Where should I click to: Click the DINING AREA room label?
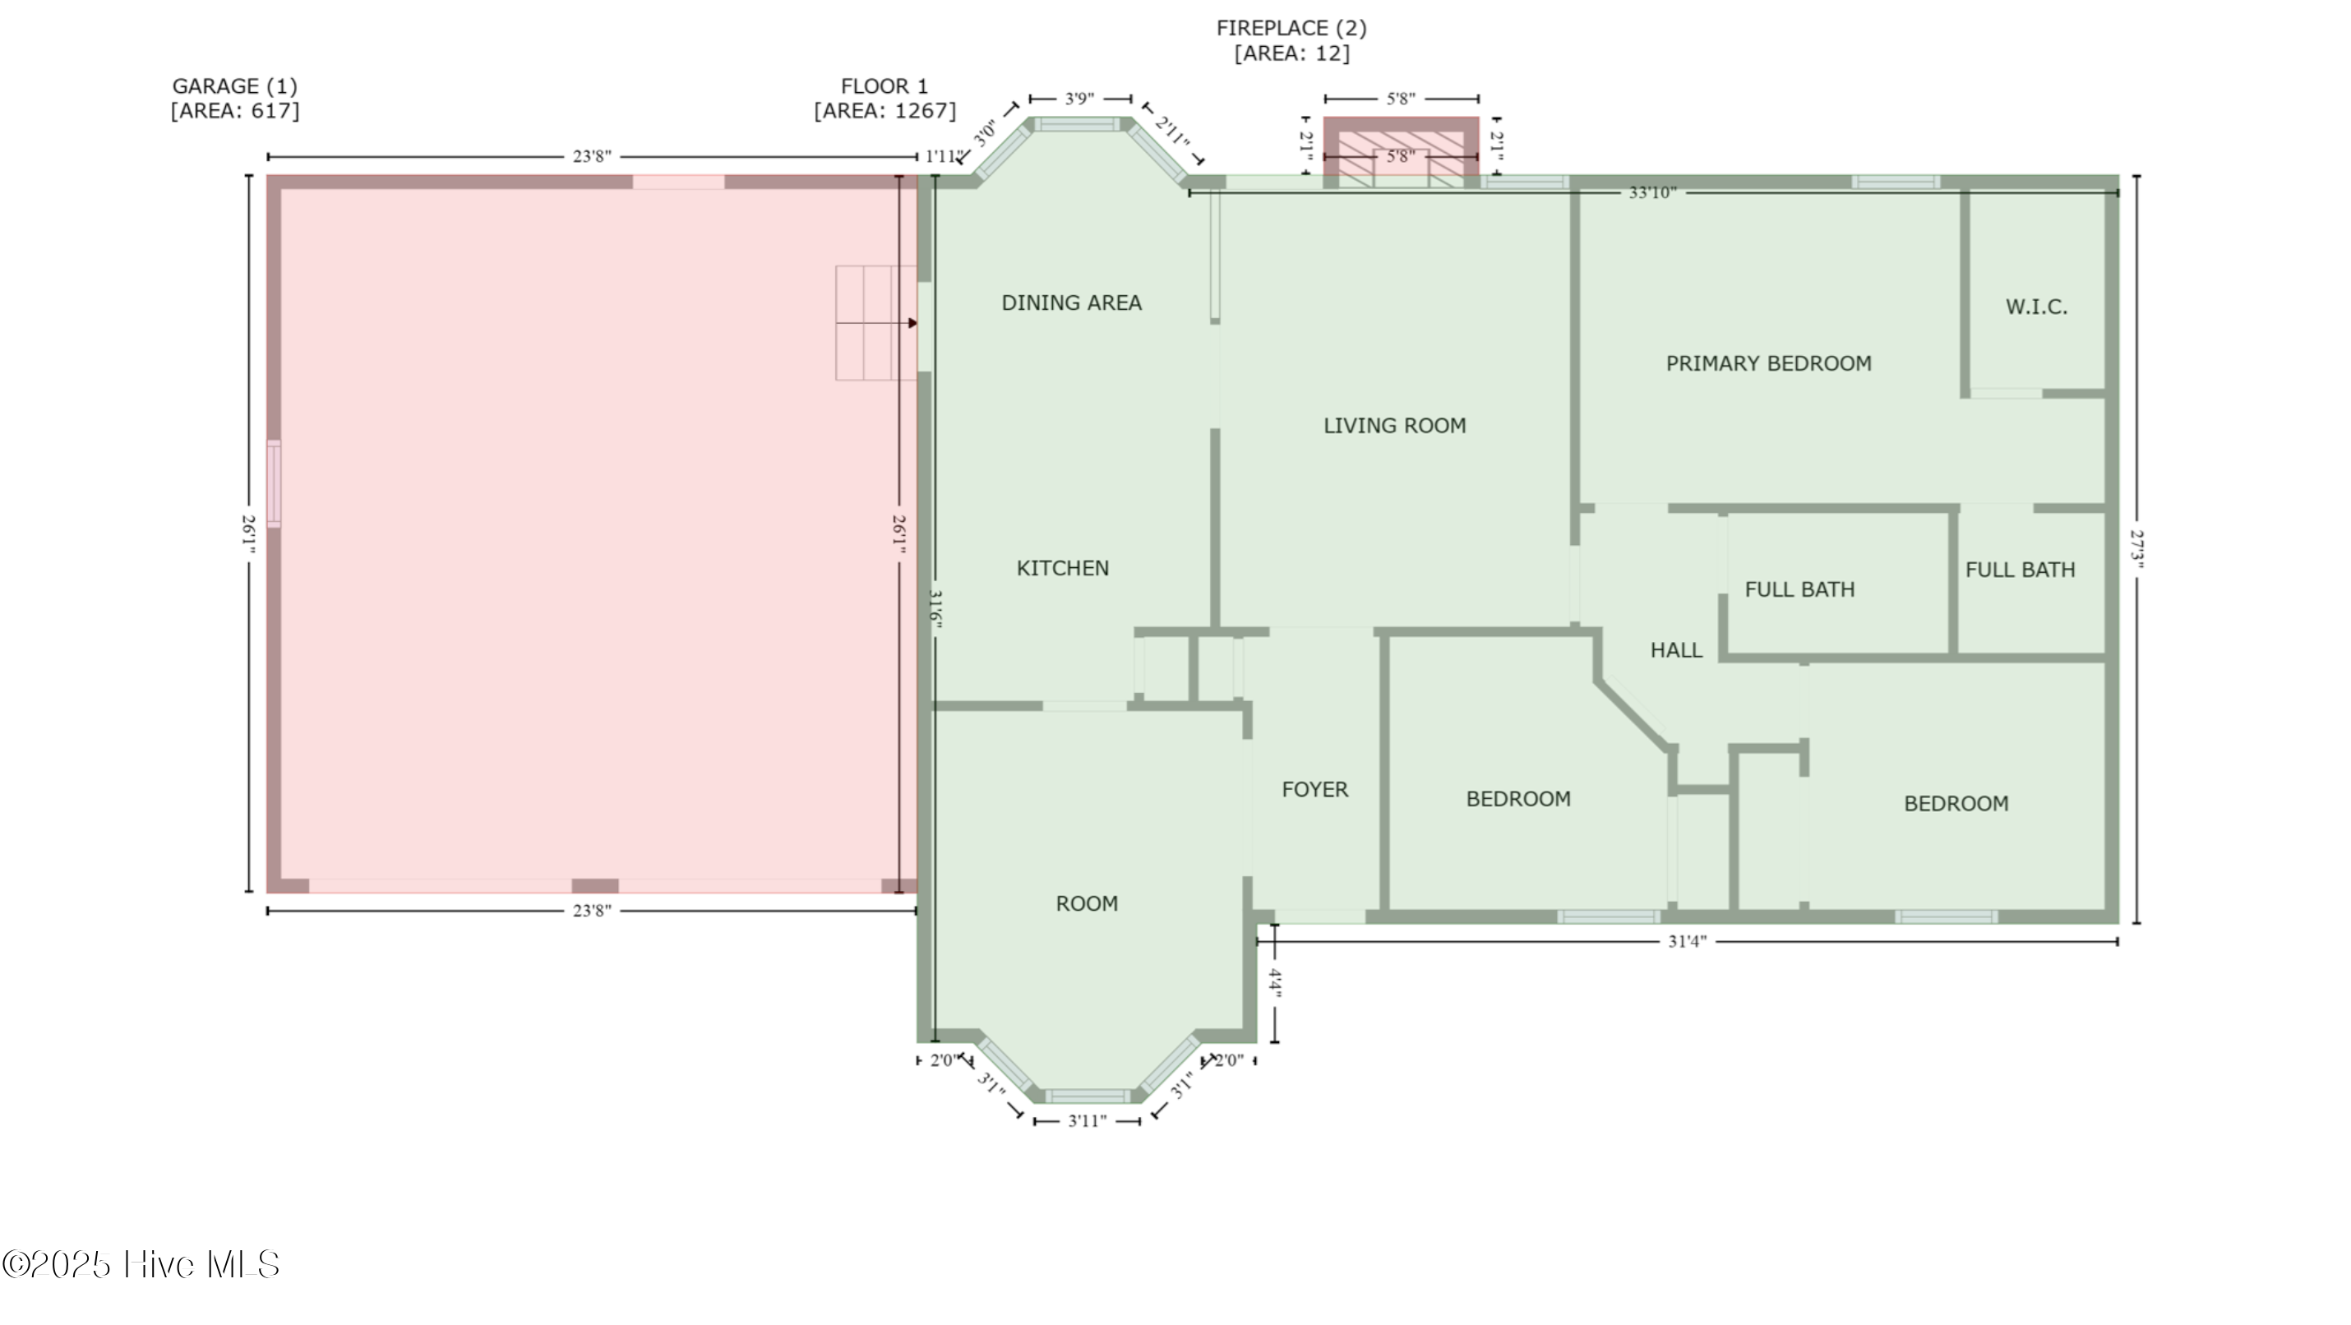point(1070,303)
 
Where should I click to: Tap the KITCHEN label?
point(1062,569)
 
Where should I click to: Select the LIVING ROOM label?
point(1394,425)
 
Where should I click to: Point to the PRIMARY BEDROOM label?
point(1768,364)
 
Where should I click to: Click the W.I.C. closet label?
point(2036,307)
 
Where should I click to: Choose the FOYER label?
point(1314,789)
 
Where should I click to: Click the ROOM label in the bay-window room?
point(1086,903)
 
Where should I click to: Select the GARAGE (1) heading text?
point(234,85)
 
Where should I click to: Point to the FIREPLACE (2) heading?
point(1291,28)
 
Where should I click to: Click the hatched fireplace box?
point(1401,154)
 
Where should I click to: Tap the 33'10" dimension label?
point(1652,192)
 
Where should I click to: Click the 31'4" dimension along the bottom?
point(1687,941)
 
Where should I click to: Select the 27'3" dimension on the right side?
point(2136,549)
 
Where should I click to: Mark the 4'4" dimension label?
point(1275,985)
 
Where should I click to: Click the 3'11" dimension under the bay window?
point(1087,1120)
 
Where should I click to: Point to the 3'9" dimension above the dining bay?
point(1079,99)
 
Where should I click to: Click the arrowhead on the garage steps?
point(912,323)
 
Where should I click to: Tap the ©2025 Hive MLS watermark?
point(141,1265)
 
